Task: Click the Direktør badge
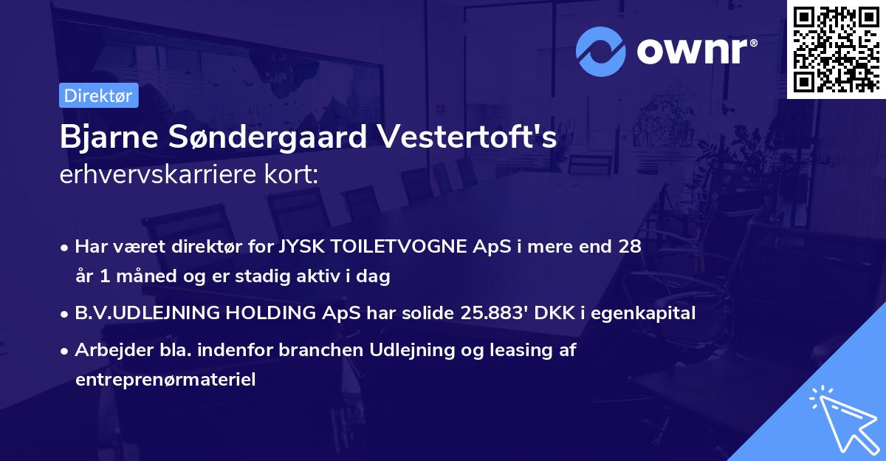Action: pyautogui.click(x=97, y=95)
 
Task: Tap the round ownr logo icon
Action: pyautogui.click(x=601, y=51)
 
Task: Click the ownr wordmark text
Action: pyautogui.click(x=695, y=51)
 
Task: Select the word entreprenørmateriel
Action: pyautogui.click(x=165, y=380)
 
